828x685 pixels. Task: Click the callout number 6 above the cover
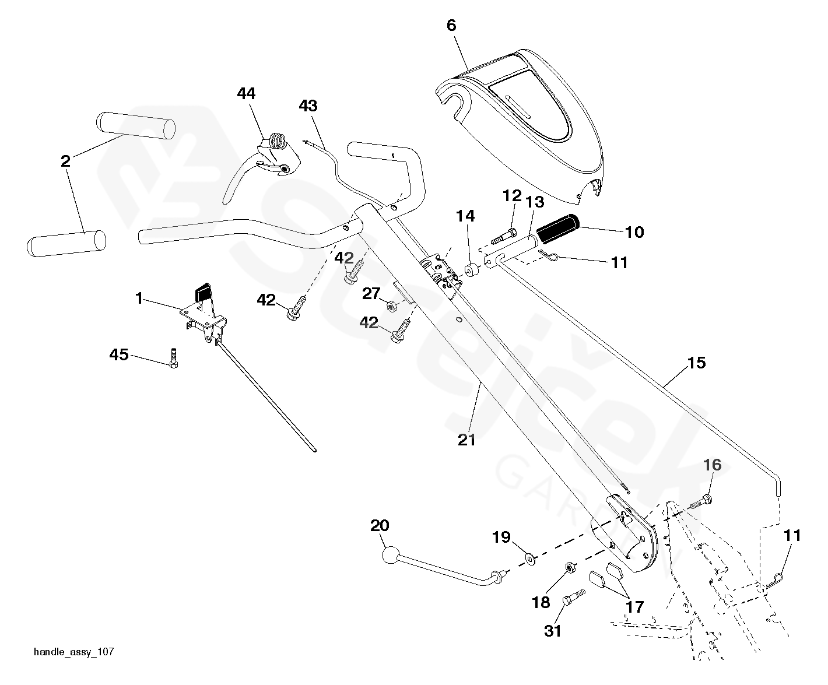coord(451,25)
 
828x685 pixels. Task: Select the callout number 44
coord(247,93)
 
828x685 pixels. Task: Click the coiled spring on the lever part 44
coord(278,142)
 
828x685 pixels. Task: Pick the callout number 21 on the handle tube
coord(466,440)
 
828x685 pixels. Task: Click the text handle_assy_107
coord(74,652)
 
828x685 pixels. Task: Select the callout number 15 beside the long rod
coord(696,363)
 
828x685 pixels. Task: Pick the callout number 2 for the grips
coord(65,161)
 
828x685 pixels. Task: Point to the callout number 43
coord(308,106)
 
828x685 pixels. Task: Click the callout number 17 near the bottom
coord(634,606)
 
